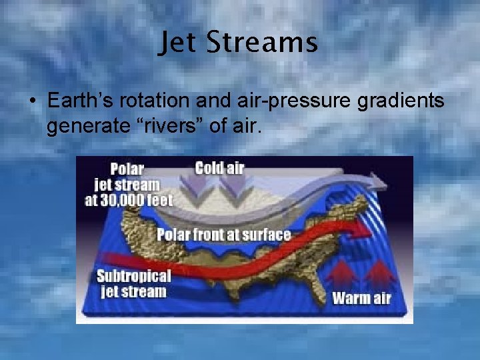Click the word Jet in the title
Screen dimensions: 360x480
click(x=177, y=43)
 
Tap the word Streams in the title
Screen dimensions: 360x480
click(x=261, y=43)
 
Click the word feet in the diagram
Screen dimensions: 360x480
click(x=157, y=199)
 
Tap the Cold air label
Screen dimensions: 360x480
click(x=219, y=167)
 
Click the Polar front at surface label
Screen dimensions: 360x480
click(x=223, y=234)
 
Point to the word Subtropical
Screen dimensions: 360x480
click(x=134, y=277)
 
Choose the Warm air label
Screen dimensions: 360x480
click(x=361, y=297)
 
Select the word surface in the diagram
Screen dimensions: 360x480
click(x=266, y=234)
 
